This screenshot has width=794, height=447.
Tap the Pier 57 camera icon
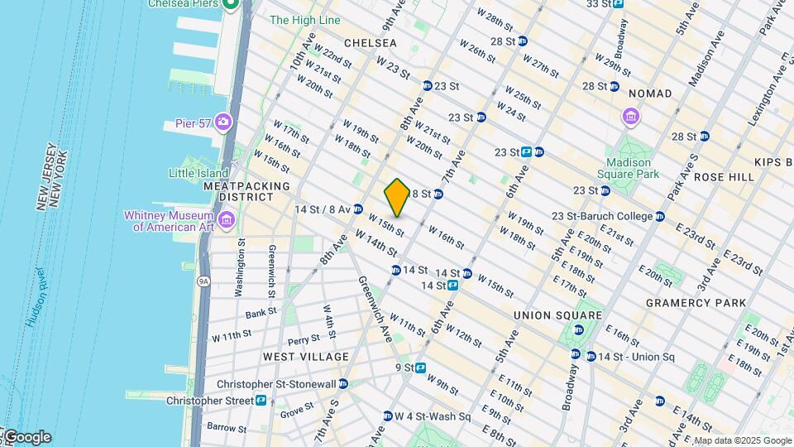click(222, 123)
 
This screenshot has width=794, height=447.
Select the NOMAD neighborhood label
click(649, 94)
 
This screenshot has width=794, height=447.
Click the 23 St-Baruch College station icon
click(660, 217)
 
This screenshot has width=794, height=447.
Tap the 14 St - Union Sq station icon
click(591, 357)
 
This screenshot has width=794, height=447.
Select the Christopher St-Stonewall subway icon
click(343, 384)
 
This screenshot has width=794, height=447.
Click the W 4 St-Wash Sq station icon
click(386, 416)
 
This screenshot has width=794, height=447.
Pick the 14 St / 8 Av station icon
click(358, 209)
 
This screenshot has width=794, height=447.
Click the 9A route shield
click(203, 281)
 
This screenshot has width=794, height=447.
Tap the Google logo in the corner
click(26, 436)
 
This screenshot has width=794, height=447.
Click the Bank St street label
click(261, 313)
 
